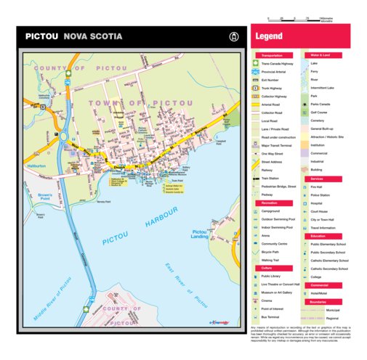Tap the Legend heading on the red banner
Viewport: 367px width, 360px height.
point(270,36)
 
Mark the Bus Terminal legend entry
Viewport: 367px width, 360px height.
point(271,316)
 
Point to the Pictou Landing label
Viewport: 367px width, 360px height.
point(200,234)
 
